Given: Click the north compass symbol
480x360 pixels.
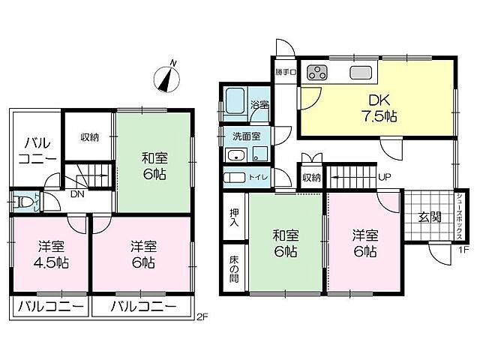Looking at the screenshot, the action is (x=167, y=78).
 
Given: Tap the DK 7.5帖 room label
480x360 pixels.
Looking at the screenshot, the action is (x=379, y=108).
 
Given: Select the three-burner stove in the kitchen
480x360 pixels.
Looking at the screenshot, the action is (x=317, y=73).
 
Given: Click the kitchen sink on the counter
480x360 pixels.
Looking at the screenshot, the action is (x=361, y=73).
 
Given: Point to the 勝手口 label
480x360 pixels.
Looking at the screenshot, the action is (x=286, y=73).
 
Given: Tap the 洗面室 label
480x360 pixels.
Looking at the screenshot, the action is (x=247, y=136).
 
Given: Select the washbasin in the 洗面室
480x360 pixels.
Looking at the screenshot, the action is (x=236, y=155).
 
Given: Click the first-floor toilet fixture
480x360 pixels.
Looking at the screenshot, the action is (x=234, y=178).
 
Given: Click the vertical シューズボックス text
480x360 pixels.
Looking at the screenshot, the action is (x=460, y=217).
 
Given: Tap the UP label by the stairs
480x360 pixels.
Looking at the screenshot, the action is (x=385, y=177).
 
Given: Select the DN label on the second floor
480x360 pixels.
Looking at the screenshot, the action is (x=77, y=193).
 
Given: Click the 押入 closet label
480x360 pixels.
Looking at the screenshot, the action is (x=234, y=217).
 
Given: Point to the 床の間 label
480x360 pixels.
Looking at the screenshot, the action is (x=234, y=268).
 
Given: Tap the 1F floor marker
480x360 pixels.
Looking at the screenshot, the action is (x=463, y=250).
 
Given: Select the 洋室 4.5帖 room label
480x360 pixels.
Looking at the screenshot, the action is (x=52, y=254).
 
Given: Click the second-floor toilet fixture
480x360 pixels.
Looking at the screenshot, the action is (x=22, y=202).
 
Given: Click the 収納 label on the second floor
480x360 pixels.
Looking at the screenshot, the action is (x=90, y=137).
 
